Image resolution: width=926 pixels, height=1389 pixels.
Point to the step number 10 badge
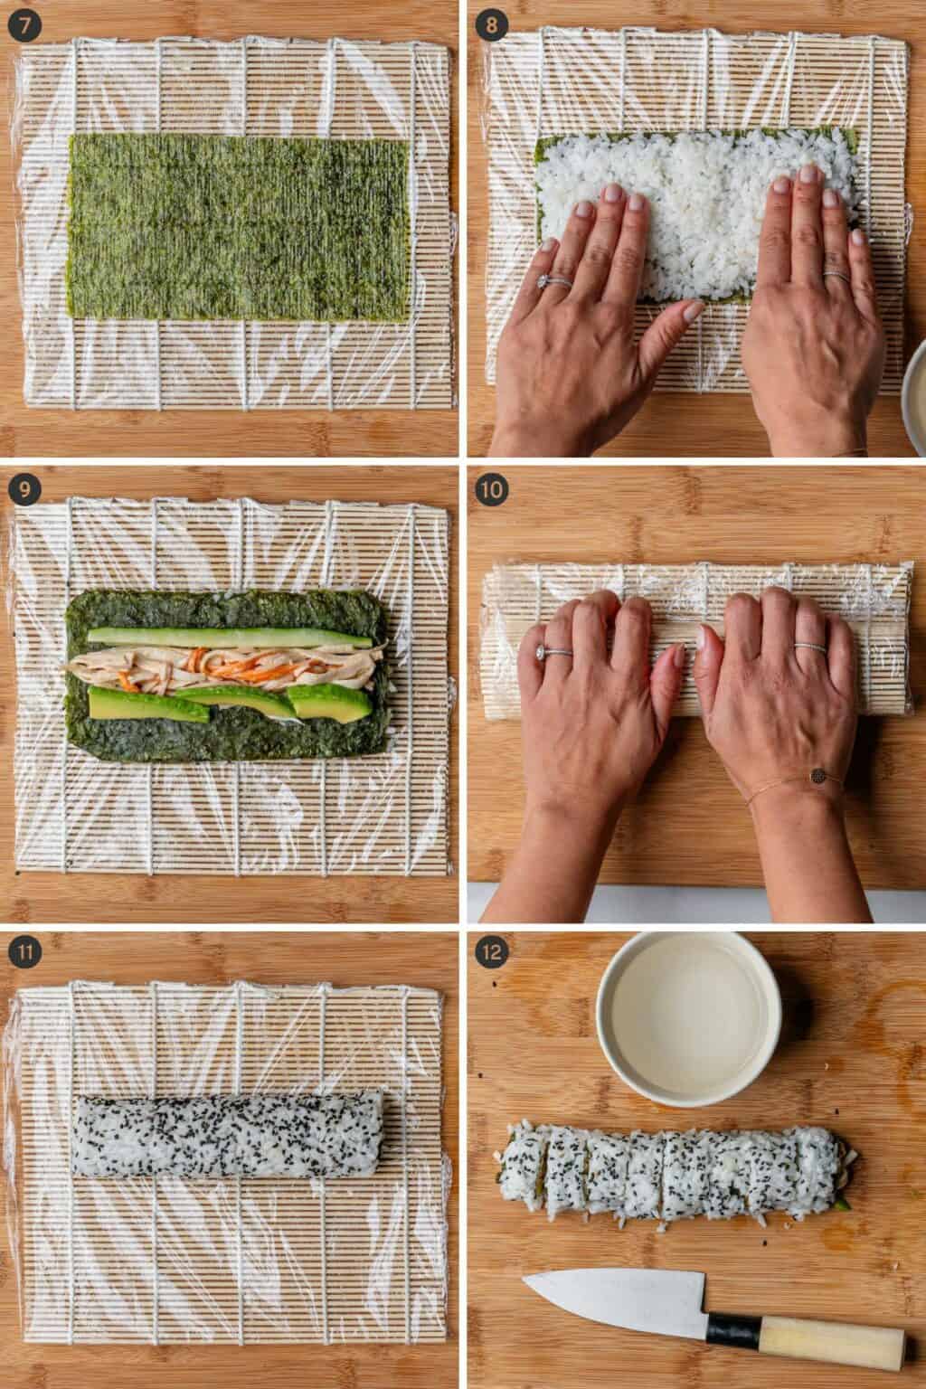(493, 490)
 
